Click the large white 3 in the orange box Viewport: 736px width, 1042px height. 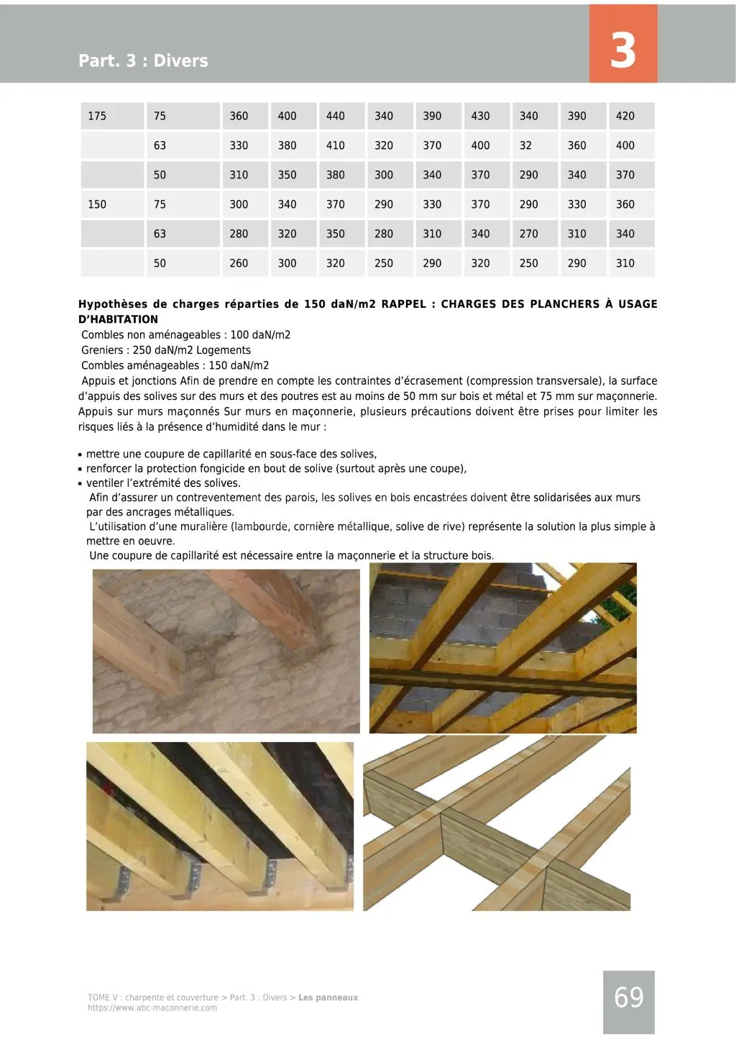[622, 50]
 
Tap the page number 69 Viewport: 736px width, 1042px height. [629, 997]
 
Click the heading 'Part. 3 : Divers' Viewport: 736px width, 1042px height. [143, 60]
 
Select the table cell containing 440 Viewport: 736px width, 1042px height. [335, 116]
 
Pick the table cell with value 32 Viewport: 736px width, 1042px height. [526, 145]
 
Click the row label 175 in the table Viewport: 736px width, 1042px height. [97, 116]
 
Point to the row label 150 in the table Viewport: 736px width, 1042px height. [97, 204]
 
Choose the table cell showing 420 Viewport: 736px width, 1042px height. [625, 116]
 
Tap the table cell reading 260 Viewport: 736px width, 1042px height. [239, 263]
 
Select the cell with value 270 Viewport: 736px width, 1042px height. [528, 234]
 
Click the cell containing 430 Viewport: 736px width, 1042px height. [480, 116]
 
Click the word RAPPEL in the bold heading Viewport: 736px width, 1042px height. [404, 304]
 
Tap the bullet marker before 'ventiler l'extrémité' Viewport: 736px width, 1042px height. [80, 484]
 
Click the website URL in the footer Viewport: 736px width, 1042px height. [152, 1008]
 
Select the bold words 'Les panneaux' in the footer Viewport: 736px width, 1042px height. [328, 997]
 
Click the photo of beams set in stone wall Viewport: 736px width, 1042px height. [226, 651]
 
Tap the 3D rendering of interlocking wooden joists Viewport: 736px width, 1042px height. [497, 826]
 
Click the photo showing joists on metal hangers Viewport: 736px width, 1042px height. [220, 826]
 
